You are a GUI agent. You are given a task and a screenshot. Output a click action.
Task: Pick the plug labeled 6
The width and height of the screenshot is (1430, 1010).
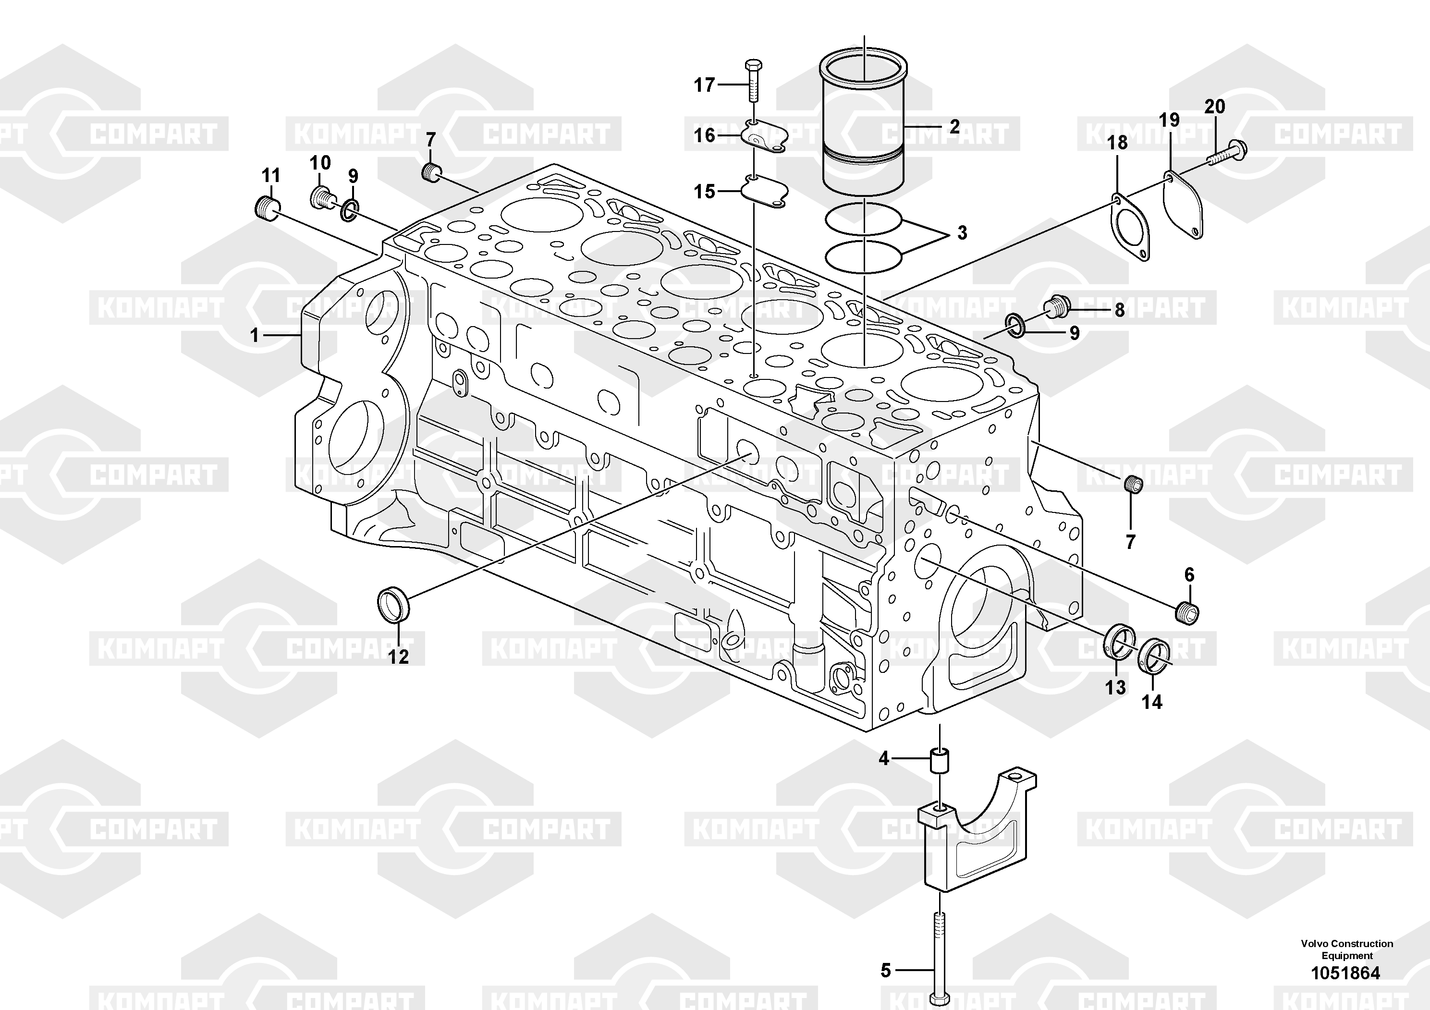tap(1188, 613)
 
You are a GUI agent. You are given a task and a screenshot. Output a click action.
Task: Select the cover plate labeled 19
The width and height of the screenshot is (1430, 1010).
tap(1183, 206)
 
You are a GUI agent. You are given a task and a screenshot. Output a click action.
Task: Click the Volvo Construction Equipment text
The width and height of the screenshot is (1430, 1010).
tap(1346, 949)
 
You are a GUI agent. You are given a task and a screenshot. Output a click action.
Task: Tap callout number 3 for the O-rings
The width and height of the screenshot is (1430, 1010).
tap(962, 233)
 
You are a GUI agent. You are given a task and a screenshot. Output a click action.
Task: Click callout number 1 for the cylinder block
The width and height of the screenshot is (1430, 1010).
tap(254, 336)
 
